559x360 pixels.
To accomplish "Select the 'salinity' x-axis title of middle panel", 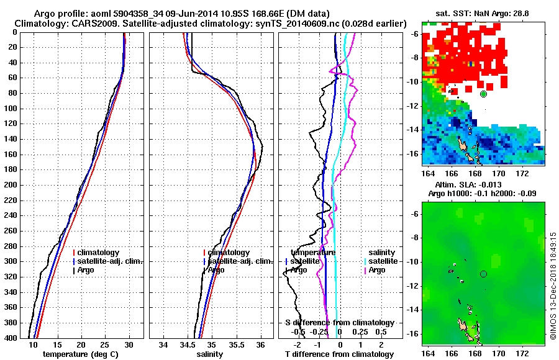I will coord(211,354).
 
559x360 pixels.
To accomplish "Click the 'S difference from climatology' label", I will coord(339,323).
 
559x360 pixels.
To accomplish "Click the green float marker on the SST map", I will coord(483,94).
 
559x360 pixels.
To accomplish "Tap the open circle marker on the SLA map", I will coord(483,274).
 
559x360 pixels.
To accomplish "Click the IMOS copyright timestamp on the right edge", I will coord(552,286).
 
